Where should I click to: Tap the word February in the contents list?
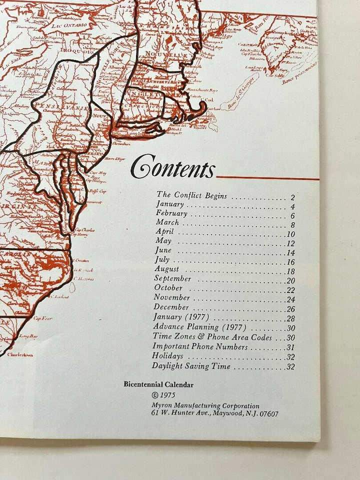172,213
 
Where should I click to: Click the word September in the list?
172,278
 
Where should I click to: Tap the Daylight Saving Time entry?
191,366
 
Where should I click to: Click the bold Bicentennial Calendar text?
158,384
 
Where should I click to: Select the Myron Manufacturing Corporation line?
205,406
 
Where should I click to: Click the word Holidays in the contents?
168,356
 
